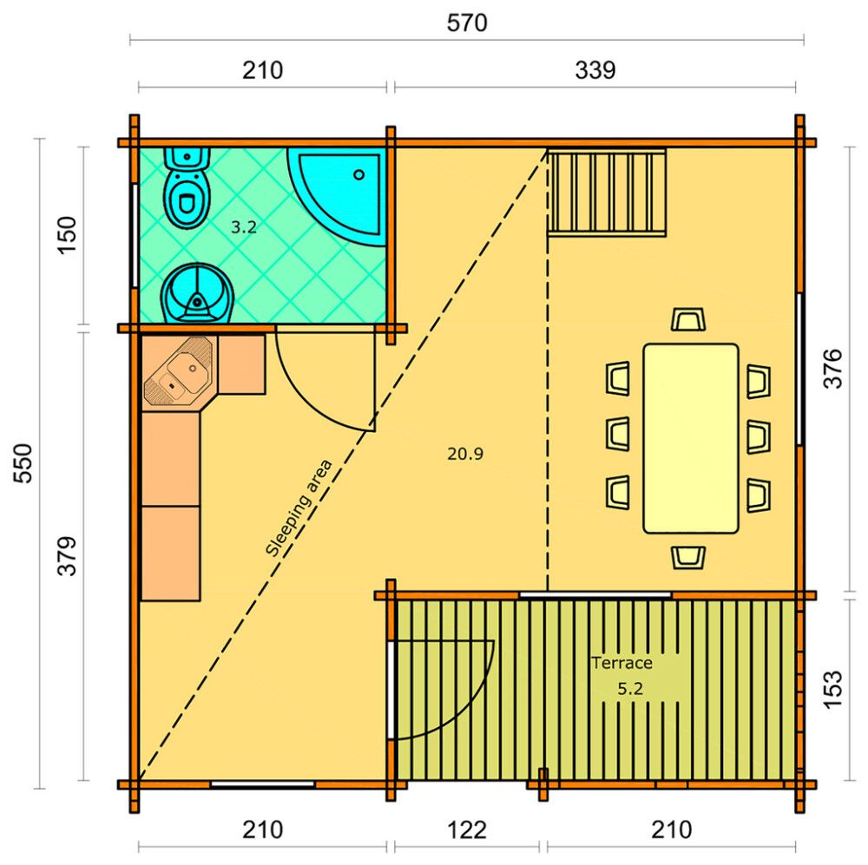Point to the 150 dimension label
[68, 234]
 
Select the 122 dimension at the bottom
[468, 829]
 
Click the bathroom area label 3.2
[244, 227]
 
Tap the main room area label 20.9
[465, 453]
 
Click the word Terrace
[621, 663]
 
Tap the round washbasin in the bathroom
[198, 293]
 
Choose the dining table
[690, 438]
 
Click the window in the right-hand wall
[799, 370]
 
